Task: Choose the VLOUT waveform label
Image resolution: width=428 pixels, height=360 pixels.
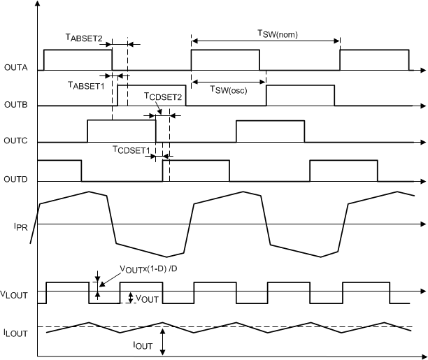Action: pos(13,295)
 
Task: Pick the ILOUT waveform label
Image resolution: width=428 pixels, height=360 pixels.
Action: pos(13,333)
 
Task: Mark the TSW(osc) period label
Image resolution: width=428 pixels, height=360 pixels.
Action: pos(229,89)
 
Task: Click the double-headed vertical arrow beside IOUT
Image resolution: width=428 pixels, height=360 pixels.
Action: pos(162,341)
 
